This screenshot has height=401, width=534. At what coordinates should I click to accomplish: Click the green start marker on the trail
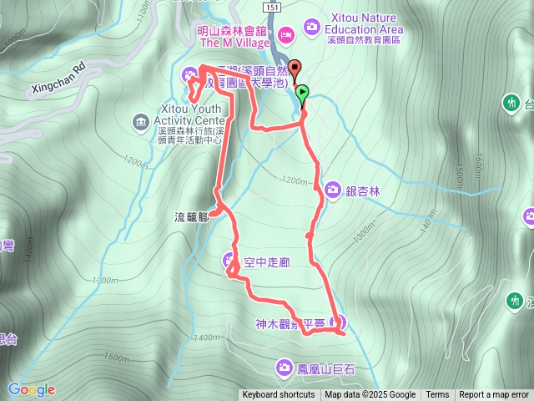point(302,94)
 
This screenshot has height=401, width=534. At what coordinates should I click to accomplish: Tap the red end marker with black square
point(294,71)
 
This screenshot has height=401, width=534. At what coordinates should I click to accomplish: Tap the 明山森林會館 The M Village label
point(234,37)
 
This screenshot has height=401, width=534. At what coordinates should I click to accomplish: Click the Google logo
point(32,389)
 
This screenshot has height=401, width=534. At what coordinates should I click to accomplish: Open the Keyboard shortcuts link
point(279,395)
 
